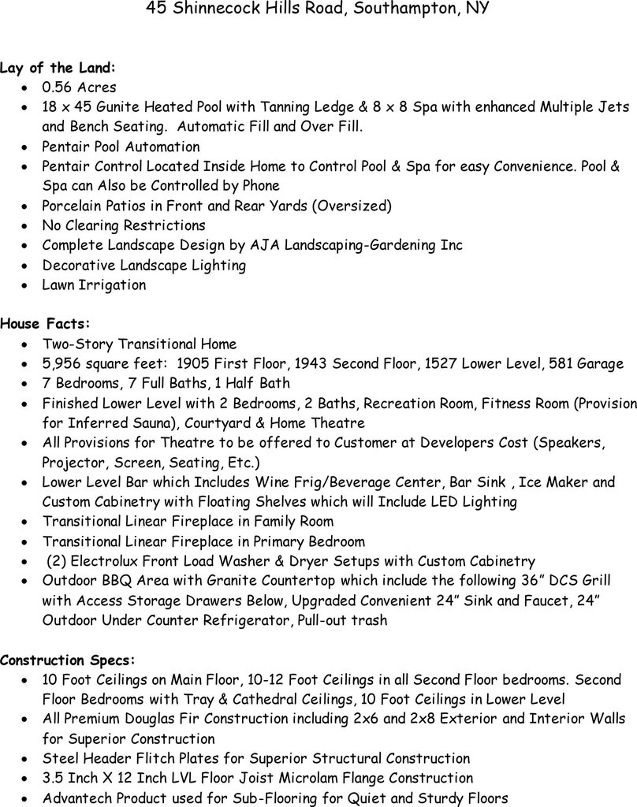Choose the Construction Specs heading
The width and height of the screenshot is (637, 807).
tap(68, 659)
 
